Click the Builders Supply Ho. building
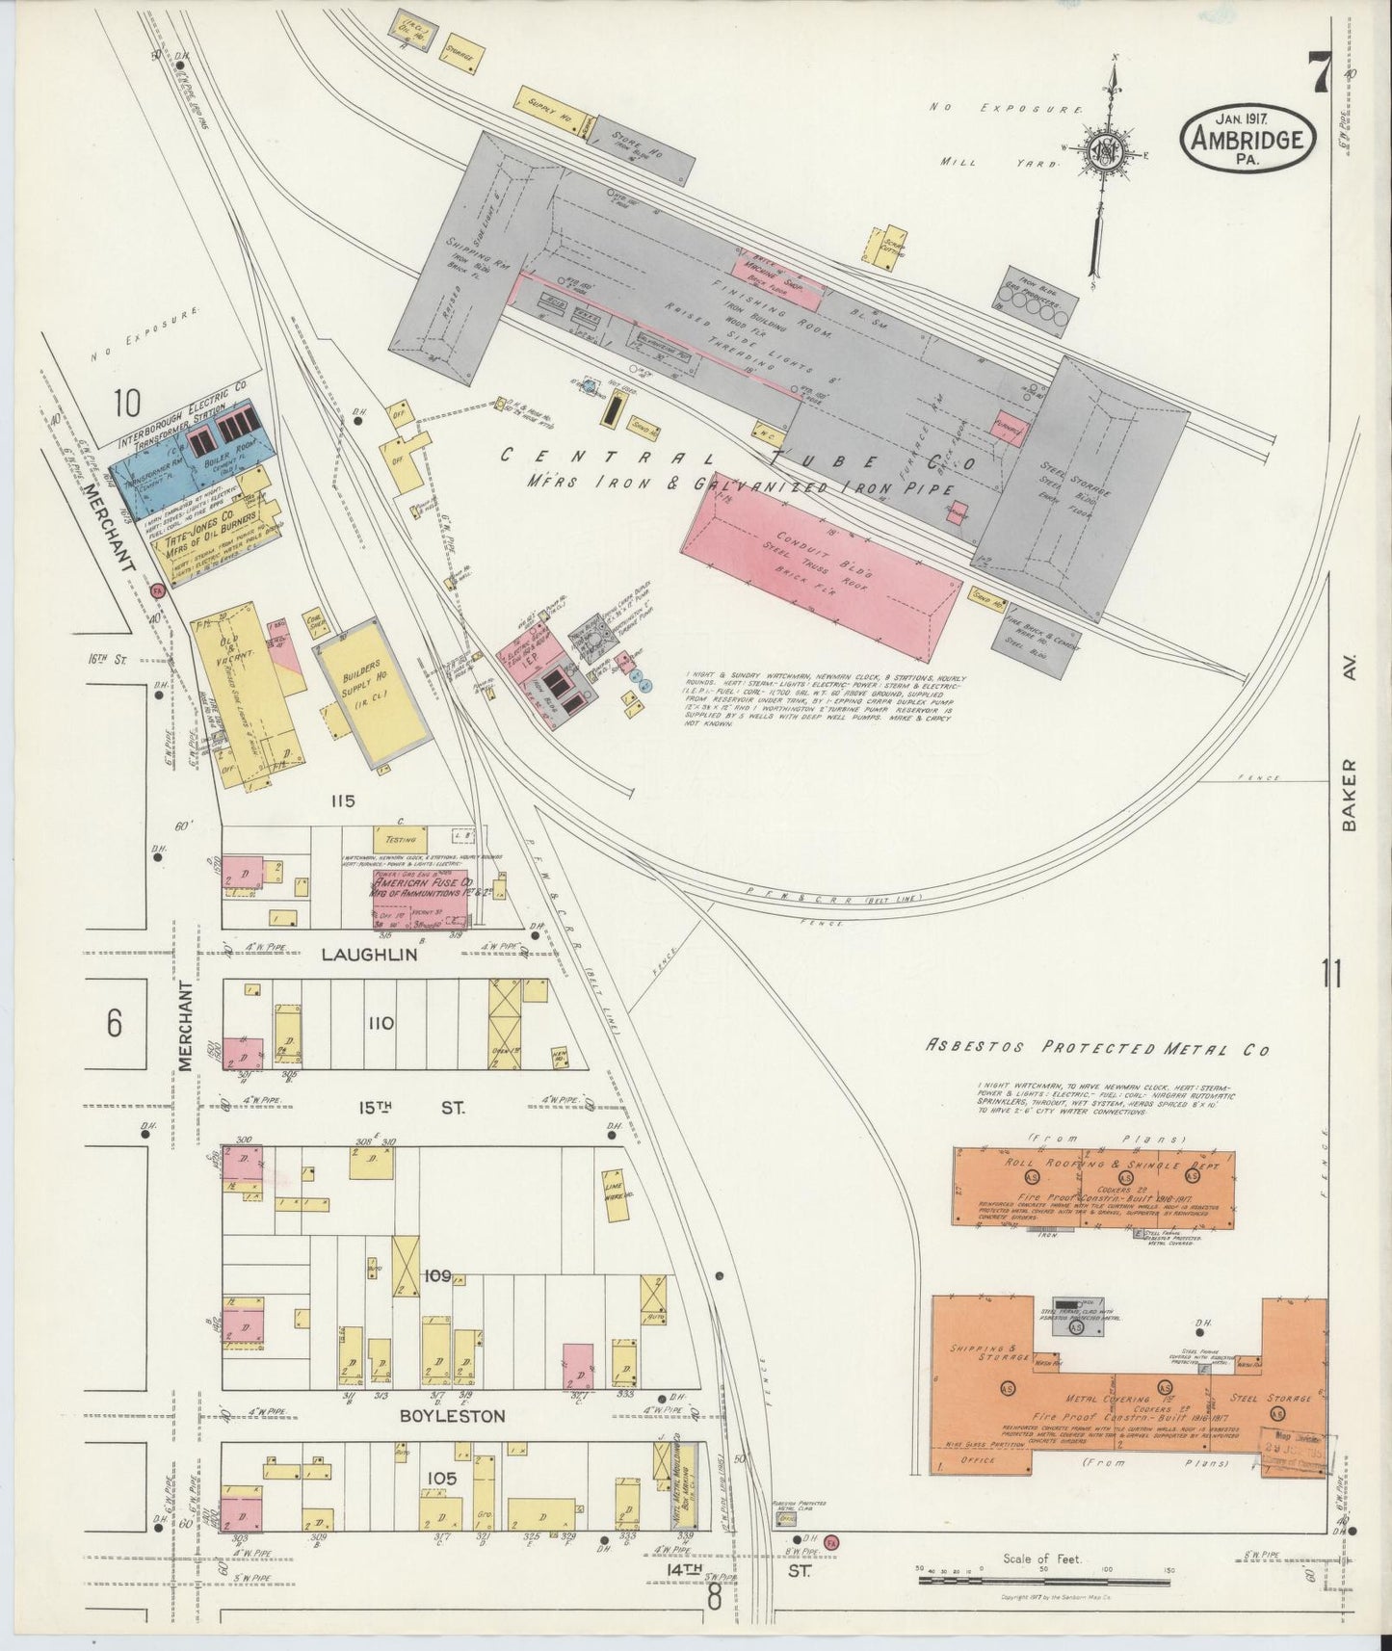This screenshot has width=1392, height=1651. [371, 692]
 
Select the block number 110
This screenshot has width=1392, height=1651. [381, 1023]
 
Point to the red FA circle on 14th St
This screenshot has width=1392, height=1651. [831, 1542]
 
